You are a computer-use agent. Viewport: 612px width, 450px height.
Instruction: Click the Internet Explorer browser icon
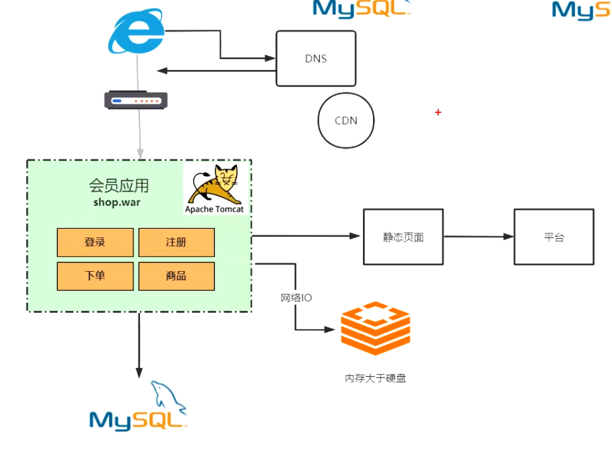point(136,32)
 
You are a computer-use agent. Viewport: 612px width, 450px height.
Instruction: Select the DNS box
point(316,59)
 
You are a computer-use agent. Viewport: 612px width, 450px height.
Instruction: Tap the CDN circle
point(346,121)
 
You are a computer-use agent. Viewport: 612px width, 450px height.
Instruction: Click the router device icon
point(135,101)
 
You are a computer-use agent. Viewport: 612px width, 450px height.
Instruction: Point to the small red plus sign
point(438,112)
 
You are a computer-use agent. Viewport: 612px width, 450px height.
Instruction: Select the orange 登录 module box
point(95,242)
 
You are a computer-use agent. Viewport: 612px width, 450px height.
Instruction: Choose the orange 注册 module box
point(176,242)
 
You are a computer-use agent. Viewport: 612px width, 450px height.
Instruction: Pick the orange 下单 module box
point(95,276)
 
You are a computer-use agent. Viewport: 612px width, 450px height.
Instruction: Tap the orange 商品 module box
point(176,276)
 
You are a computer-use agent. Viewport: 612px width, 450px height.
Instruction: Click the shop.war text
point(117,202)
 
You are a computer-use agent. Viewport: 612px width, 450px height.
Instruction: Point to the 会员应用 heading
point(118,185)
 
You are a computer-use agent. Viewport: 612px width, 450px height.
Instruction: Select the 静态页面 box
point(403,237)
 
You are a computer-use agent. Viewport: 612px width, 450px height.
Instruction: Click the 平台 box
point(554,237)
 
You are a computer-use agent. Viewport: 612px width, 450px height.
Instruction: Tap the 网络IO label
point(296,297)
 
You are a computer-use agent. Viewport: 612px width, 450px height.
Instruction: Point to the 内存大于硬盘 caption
point(376,378)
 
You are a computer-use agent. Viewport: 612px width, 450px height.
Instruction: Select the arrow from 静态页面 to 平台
point(479,237)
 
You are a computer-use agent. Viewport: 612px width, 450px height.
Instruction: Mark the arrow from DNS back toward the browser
point(215,71)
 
